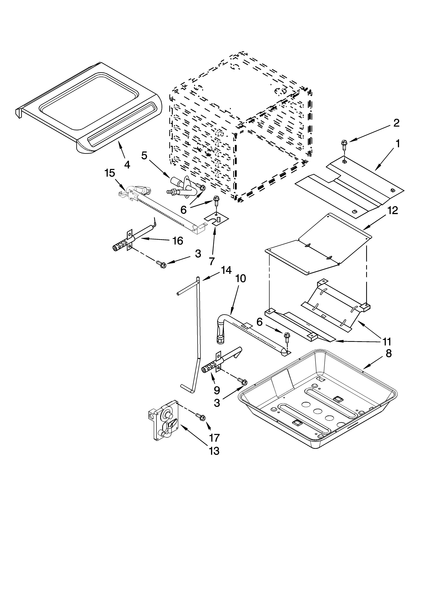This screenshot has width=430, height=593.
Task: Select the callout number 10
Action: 241,279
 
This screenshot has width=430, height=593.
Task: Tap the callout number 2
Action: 396,123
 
